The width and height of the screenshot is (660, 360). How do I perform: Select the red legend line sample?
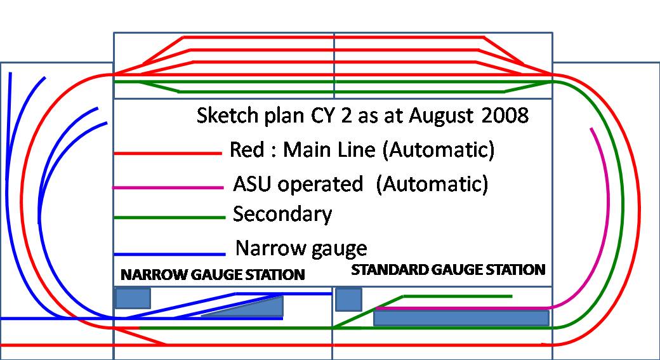coord(168,153)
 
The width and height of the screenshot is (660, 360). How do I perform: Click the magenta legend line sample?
coord(168,187)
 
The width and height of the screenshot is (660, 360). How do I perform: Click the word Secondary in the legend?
coord(282,215)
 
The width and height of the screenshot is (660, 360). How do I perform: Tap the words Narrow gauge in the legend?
coord(301,248)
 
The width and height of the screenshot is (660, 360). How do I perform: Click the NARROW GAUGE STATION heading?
coord(213,275)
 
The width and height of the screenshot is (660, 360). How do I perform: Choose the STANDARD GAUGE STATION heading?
coord(448,270)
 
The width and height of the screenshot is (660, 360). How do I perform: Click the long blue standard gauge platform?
coord(461,317)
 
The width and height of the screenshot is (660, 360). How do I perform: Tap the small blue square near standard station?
coord(348,299)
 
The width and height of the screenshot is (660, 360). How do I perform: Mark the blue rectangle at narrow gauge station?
coord(133,298)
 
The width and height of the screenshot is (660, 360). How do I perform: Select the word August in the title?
coord(439,117)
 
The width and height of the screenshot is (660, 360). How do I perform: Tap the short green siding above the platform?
coord(457,296)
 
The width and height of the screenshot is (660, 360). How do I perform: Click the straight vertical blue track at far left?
coord(9,190)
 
